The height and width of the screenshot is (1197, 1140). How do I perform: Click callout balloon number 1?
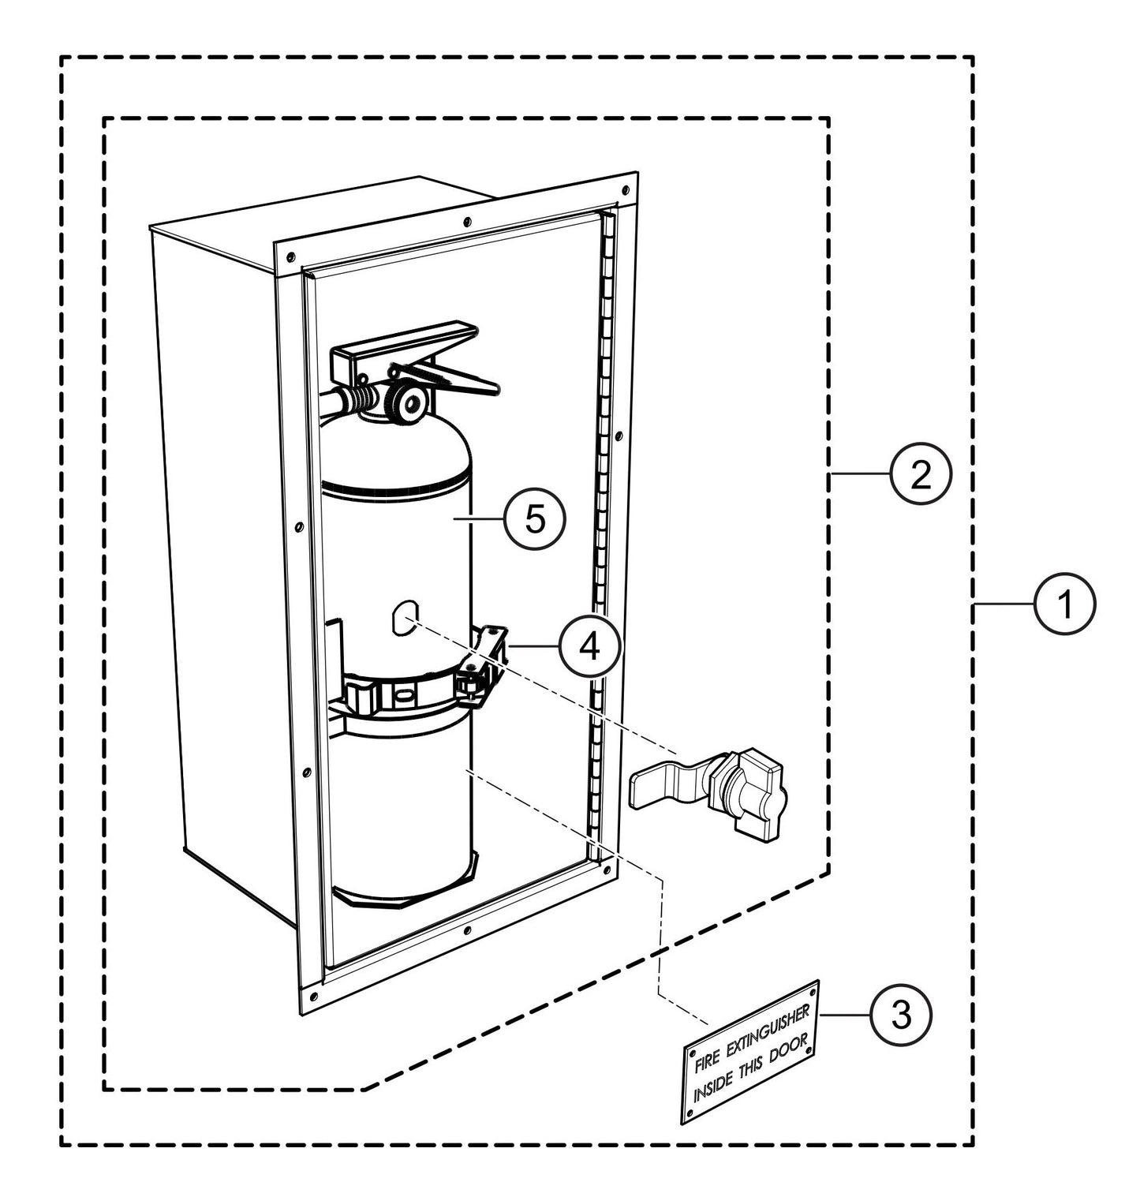coord(1065,604)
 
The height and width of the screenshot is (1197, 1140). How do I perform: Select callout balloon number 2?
coord(921,472)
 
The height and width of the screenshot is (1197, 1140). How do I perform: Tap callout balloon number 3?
coord(901,1015)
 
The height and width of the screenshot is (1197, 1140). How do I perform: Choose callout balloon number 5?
coord(535,518)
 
